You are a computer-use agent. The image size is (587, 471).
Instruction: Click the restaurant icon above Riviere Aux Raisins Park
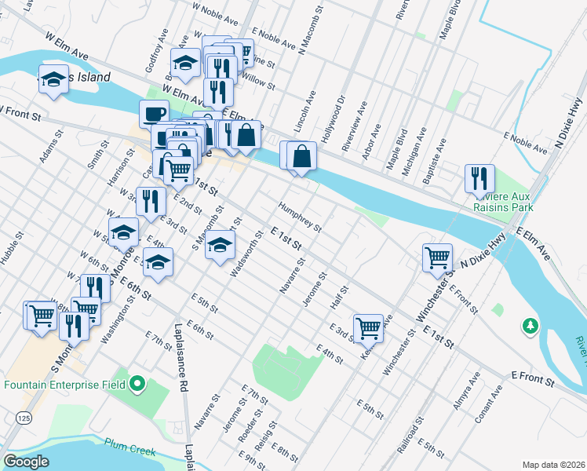(x=479, y=178)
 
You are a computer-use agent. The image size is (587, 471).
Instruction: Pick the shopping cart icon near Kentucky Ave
(x=368, y=327)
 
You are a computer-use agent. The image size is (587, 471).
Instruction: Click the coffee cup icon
(x=154, y=114)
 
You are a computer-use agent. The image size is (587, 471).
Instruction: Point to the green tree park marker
(x=530, y=324)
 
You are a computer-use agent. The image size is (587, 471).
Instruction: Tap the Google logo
(x=27, y=462)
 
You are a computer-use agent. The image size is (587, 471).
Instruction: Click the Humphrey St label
(x=300, y=218)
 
